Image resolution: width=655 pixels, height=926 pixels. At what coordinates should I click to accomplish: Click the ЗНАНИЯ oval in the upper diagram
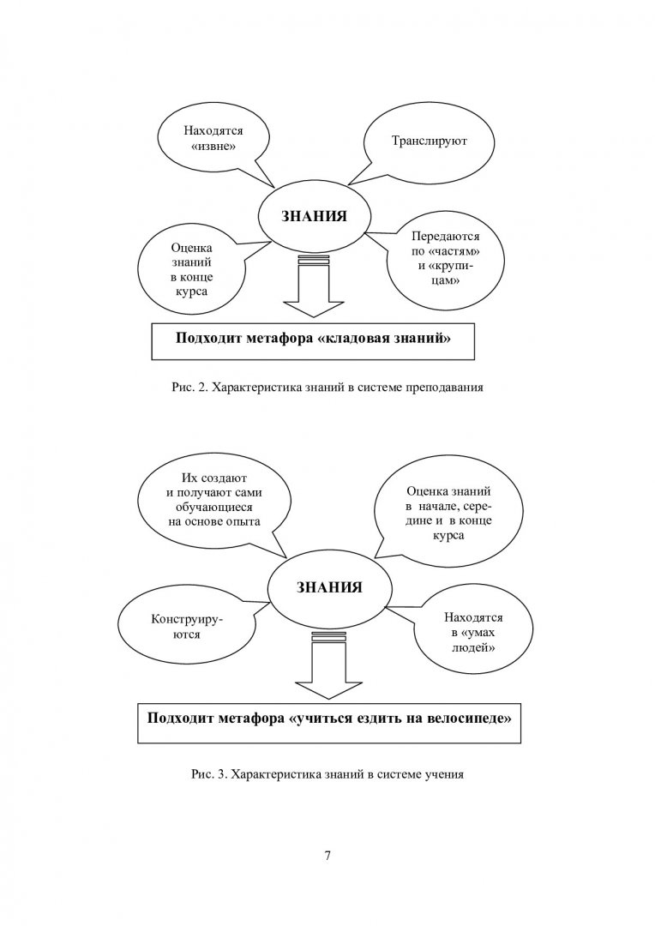pyautogui.click(x=315, y=215)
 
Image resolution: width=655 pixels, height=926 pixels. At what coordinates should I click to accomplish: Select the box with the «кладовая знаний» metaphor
pyautogui.click(x=314, y=339)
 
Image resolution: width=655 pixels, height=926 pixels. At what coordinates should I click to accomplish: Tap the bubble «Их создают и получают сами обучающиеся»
pyautogui.click(x=215, y=500)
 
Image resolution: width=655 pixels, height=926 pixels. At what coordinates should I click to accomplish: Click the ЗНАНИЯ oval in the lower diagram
pyautogui.click(x=327, y=589)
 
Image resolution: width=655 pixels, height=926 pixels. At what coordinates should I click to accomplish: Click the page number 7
pyautogui.click(x=327, y=856)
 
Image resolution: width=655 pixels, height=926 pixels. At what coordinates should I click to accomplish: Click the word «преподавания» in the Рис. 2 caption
pyautogui.click(x=450, y=388)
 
